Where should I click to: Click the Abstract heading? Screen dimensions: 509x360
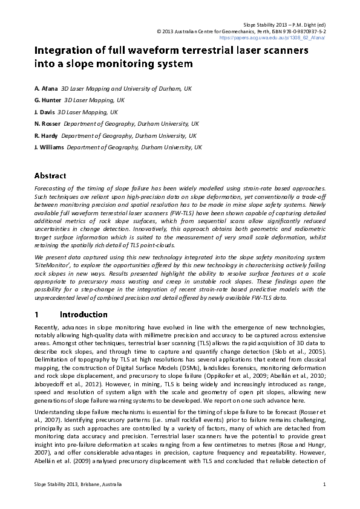tap(50, 176)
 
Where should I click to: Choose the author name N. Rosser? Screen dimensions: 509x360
tap(47, 124)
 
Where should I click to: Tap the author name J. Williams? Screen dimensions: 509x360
tap(49, 148)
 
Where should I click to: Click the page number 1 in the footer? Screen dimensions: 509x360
tap(324, 484)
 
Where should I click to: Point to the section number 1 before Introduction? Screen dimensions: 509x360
tap(37, 314)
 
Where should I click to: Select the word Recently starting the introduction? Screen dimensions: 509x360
tap(48, 328)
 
